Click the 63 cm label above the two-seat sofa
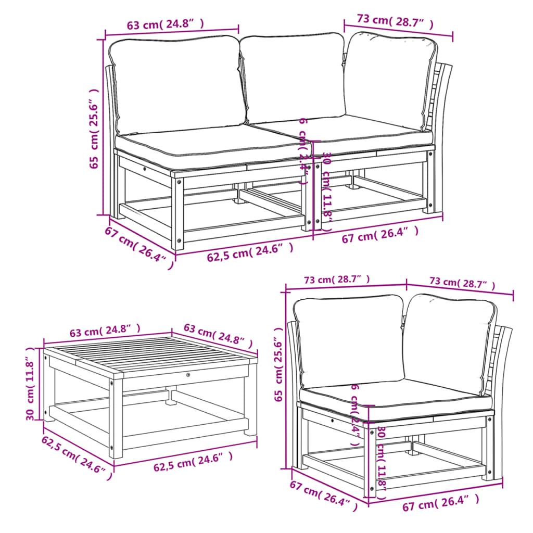[x=164, y=24]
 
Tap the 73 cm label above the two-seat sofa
[x=395, y=20]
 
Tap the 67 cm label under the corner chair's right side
[x=440, y=502]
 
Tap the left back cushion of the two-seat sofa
[x=177, y=83]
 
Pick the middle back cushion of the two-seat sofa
[x=294, y=78]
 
